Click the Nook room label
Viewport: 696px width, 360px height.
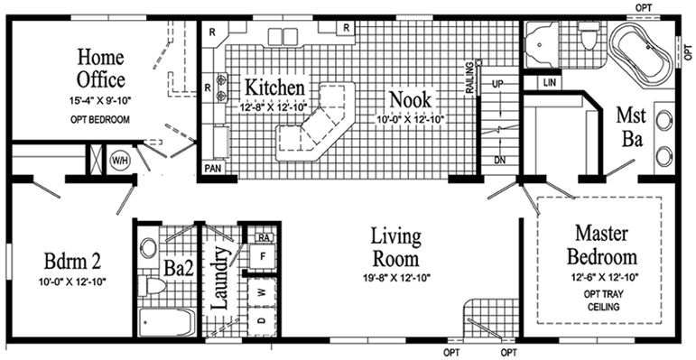[x=410, y=97]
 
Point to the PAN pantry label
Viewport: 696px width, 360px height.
[x=214, y=168]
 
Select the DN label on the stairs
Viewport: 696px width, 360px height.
[x=497, y=159]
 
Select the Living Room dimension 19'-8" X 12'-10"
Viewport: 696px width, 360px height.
[x=396, y=277]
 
